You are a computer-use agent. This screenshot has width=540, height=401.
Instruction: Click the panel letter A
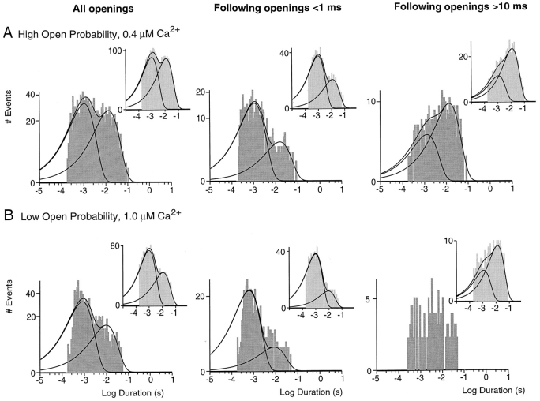[x=9, y=34]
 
